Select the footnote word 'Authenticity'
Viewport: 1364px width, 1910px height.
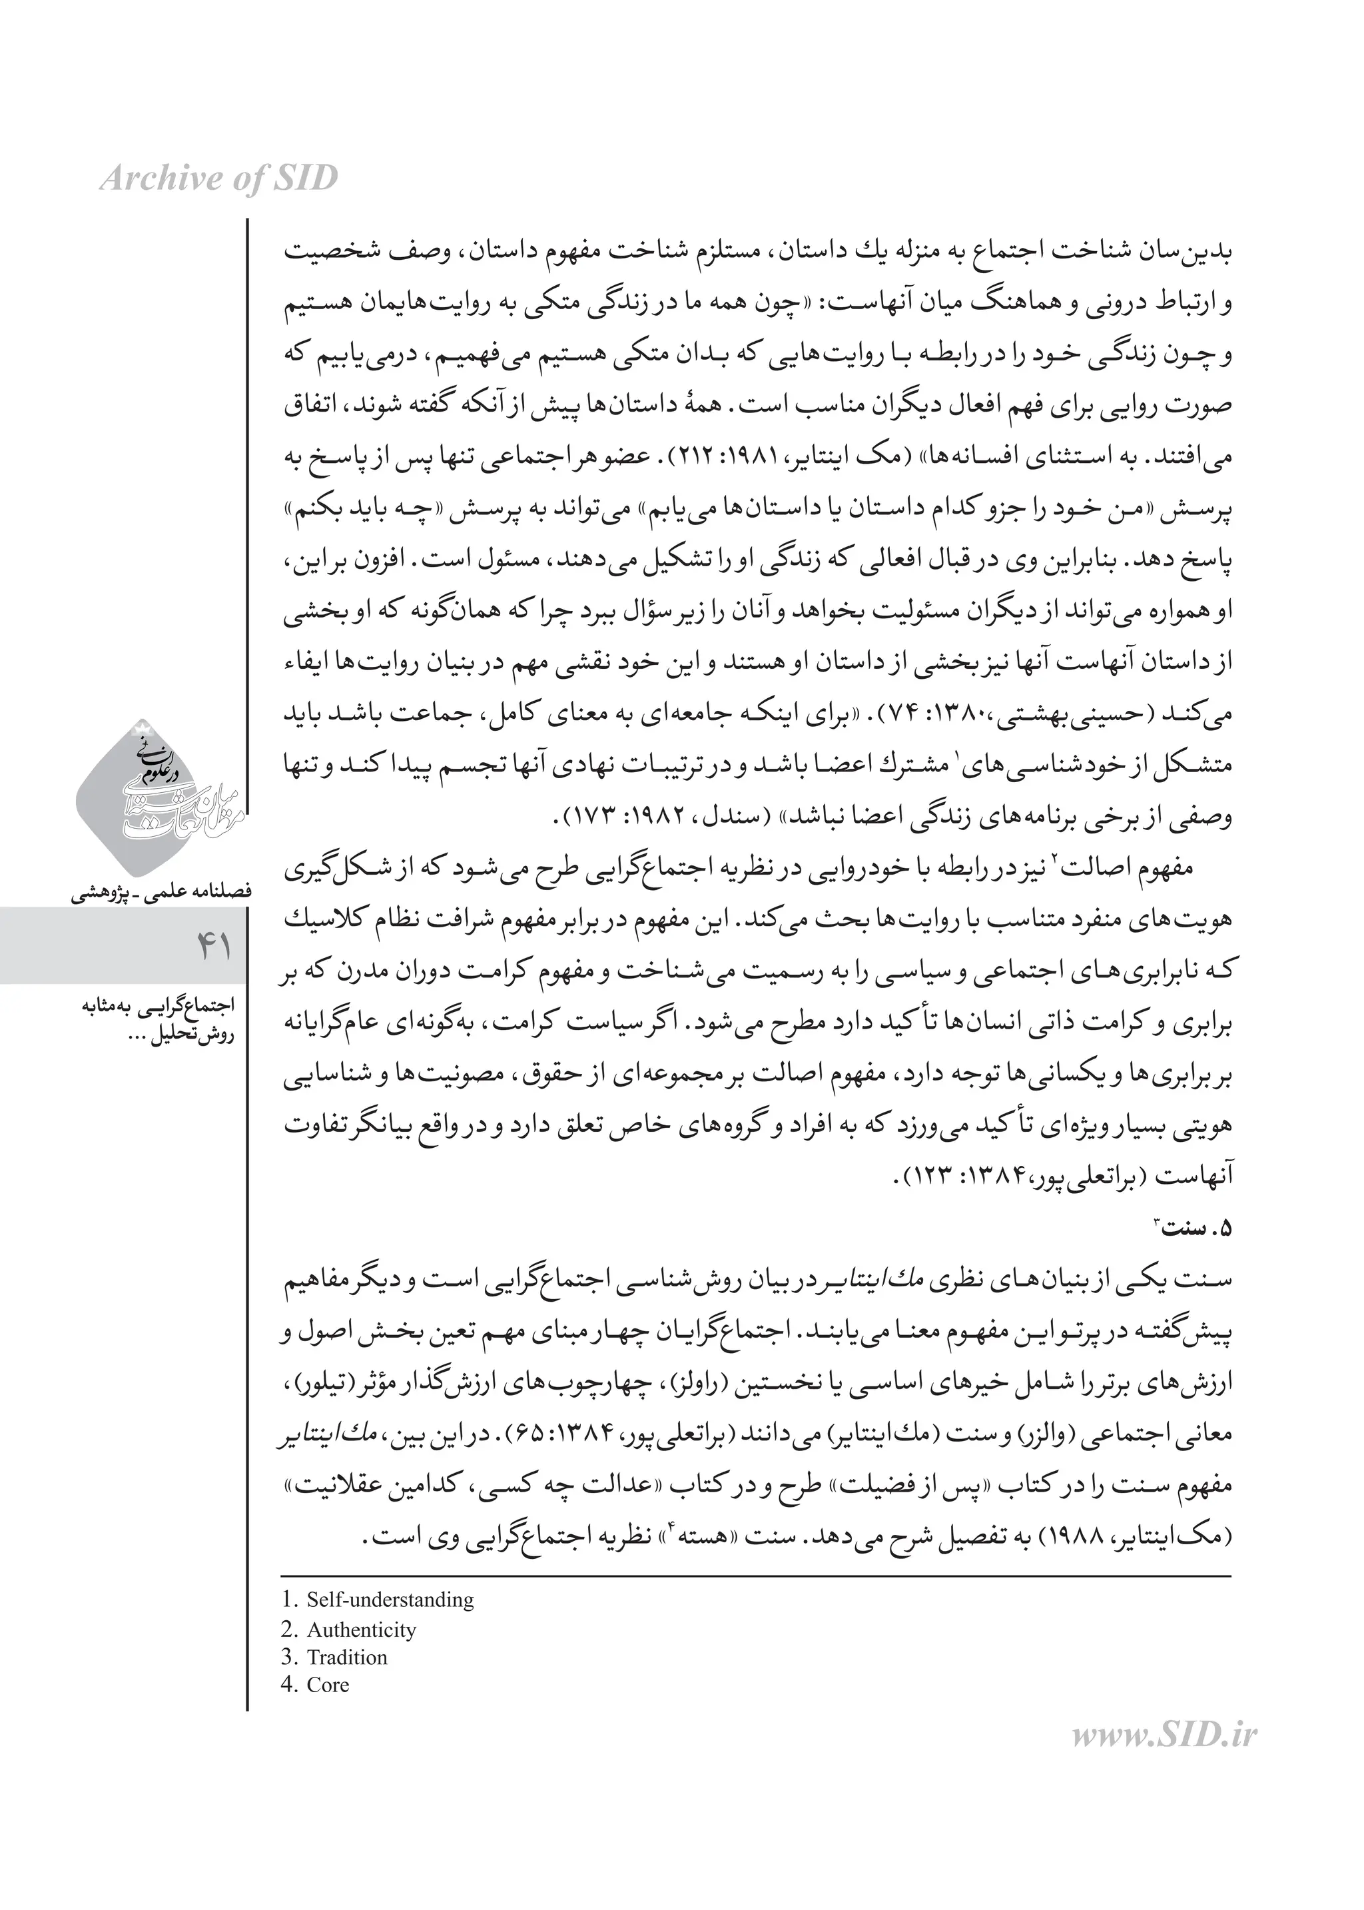(x=361, y=1630)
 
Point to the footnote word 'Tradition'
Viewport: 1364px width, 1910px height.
(x=347, y=1658)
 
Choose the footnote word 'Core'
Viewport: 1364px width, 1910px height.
(x=328, y=1685)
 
